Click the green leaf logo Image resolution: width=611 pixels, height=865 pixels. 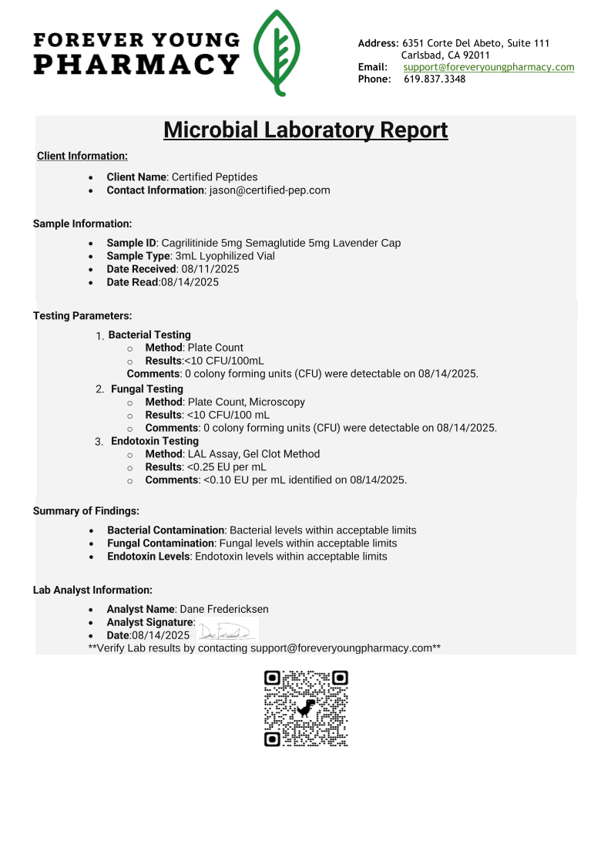coord(277,52)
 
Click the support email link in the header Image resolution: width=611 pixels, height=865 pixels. coord(488,67)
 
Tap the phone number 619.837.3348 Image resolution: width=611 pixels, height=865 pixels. coord(435,79)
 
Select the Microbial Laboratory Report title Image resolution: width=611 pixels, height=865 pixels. coord(305,130)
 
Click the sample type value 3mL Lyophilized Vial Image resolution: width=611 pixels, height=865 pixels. coord(225,256)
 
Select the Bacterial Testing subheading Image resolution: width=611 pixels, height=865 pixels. coord(149,335)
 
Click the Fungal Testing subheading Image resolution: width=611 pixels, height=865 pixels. coord(147,389)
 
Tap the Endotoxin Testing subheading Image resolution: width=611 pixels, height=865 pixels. coord(155,441)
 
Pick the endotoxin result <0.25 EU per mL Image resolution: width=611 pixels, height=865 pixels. coord(227,466)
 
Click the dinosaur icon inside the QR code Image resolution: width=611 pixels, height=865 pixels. coord(306,708)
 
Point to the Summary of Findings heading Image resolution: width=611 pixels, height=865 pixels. coord(86,510)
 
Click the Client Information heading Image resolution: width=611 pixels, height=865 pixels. coord(82,157)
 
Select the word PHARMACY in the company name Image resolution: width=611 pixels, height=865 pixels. coord(136,65)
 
